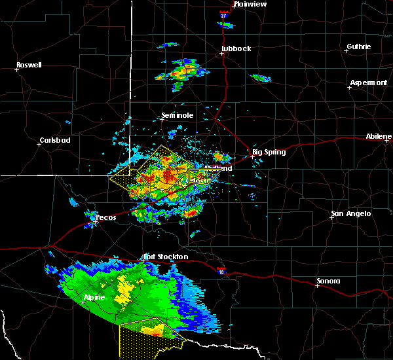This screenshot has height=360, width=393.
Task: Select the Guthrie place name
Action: tap(358, 46)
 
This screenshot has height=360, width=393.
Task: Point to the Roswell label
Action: tap(29, 65)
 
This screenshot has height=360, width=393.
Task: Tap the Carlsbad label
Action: tap(55, 140)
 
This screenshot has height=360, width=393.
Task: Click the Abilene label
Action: tap(379, 137)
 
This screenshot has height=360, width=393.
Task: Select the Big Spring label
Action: tap(269, 151)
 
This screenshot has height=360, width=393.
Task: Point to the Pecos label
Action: tap(105, 217)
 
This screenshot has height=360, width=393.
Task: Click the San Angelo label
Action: tap(351, 213)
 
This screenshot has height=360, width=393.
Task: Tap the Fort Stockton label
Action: tap(166, 257)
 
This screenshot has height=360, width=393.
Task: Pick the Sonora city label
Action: tap(328, 281)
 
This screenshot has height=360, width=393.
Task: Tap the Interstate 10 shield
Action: tap(220, 270)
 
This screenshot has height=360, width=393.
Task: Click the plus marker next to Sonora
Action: tap(317, 286)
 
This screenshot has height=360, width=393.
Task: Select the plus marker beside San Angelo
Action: tap(331, 218)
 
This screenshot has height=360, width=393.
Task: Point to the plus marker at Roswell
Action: tap(17, 69)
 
